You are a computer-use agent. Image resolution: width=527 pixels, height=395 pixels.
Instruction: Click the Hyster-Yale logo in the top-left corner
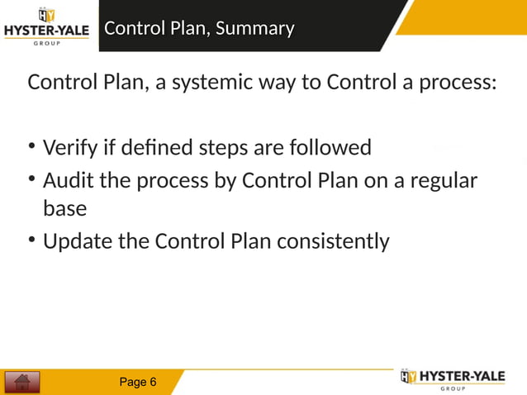point(46,26)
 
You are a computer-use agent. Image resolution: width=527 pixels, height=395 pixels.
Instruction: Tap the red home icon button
point(22,382)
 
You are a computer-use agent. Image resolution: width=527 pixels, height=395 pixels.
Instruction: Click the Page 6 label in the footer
point(138,382)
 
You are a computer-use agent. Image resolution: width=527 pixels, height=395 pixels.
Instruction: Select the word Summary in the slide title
point(255,29)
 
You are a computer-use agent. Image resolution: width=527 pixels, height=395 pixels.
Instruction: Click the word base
point(64,209)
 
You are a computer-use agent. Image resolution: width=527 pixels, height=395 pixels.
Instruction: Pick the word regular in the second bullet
point(443,179)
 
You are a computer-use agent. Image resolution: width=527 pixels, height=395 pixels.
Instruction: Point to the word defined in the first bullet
point(156,148)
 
